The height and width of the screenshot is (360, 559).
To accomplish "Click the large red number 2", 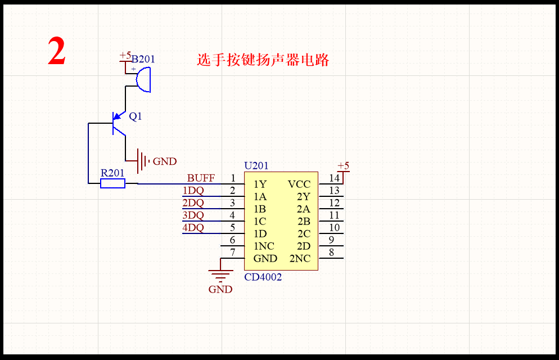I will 57,52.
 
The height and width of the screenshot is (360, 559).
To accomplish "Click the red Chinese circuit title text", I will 263,60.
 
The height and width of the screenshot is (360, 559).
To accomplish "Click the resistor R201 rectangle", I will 112,183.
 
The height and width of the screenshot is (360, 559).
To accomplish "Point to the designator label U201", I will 256,166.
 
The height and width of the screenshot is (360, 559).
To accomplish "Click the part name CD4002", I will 263,277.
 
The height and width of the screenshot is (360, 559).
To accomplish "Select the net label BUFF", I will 201,178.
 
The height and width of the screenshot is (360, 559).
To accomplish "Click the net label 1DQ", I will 193,191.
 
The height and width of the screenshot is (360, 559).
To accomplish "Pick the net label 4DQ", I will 193,228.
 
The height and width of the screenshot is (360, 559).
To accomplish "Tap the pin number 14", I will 335,178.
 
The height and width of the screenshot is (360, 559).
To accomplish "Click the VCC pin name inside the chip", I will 299,184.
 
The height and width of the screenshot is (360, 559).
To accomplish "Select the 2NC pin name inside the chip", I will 300,259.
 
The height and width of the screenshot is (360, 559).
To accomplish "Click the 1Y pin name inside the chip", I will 260,184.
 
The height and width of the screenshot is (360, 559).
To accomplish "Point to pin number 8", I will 332,253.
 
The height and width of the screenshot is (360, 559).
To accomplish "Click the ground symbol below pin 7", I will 220,276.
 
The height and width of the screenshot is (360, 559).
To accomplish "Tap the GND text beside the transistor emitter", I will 165,161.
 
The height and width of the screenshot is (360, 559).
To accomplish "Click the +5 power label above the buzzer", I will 125,56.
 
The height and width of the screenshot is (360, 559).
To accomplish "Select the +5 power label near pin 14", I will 343,165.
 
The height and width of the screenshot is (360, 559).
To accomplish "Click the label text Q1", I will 136,116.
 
